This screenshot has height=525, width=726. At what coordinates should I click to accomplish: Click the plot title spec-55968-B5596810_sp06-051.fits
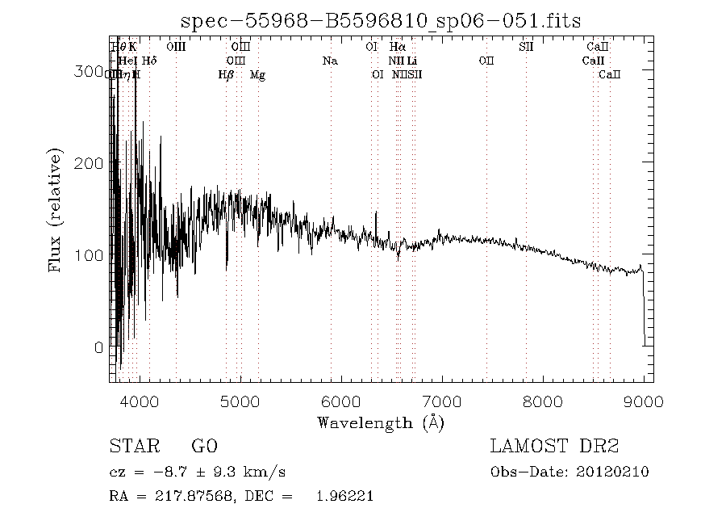click(380, 21)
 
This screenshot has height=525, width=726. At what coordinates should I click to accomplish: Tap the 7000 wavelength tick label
click(441, 401)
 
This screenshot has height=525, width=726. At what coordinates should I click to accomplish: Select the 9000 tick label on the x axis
click(643, 401)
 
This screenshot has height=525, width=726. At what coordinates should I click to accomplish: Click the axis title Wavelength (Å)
click(381, 422)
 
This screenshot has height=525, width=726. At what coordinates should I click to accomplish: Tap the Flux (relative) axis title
click(56, 209)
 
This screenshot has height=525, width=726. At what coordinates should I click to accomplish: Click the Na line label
click(329, 61)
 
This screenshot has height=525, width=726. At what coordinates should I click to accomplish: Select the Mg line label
click(257, 75)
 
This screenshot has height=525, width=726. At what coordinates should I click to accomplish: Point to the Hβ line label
click(226, 75)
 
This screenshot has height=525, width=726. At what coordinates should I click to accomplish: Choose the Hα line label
click(397, 47)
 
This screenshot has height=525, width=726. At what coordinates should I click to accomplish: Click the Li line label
click(412, 61)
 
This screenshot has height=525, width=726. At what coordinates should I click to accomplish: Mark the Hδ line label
click(149, 61)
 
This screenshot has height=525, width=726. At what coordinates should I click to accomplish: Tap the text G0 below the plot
click(204, 447)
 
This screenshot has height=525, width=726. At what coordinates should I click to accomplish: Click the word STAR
click(131, 447)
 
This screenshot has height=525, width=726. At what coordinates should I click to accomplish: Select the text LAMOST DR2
click(554, 447)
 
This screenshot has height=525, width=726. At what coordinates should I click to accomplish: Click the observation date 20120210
click(614, 472)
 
